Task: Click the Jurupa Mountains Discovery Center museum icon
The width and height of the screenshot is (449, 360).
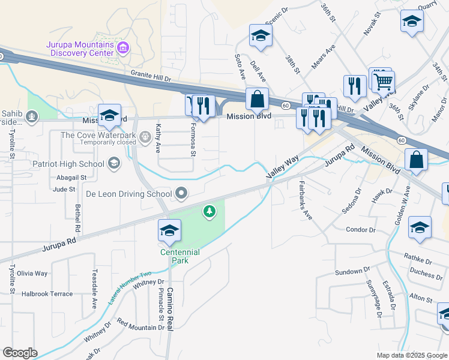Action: click(123, 47)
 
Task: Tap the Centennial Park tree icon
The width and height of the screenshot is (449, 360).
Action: click(209, 211)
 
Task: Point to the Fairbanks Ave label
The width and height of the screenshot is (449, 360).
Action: click(306, 200)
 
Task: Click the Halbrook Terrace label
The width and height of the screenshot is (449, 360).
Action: click(47, 294)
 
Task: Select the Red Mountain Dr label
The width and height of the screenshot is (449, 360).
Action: click(140, 328)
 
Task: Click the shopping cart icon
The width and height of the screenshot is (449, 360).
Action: click(383, 80)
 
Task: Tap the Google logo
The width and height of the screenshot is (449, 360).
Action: click(20, 353)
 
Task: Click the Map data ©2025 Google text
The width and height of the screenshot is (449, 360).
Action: click(411, 355)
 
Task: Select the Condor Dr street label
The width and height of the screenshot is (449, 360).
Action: click(361, 230)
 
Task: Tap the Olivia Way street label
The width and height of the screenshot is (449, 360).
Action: click(32, 273)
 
